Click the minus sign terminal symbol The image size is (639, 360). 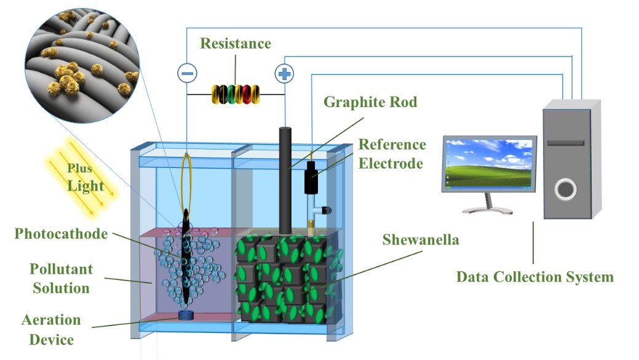click(187, 73)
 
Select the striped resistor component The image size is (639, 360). click(236, 94)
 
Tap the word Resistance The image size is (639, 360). click(236, 44)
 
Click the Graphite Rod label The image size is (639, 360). click(370, 102)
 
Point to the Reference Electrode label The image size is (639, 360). click(392, 154)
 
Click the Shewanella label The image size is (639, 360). click(421, 239)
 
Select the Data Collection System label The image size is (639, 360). click(534, 277)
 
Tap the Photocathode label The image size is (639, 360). click(61, 234)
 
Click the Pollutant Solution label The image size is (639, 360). click(61, 279)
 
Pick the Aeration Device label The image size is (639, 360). click(51, 329)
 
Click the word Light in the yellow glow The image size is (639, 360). click(85, 186)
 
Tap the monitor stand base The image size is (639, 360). click(488, 210)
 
